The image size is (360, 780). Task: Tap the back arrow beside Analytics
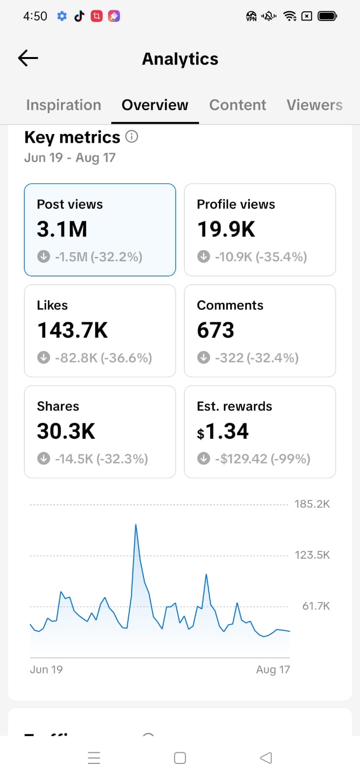click(x=28, y=58)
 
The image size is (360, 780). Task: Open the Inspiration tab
click(x=64, y=105)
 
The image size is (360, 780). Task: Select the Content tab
click(x=238, y=105)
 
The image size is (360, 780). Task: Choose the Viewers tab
click(x=314, y=105)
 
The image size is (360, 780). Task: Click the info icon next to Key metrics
click(x=132, y=136)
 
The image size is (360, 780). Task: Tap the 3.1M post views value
click(x=62, y=229)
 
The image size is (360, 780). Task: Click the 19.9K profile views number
click(x=226, y=229)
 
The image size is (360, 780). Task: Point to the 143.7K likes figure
click(x=73, y=330)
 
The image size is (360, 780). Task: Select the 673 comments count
click(x=216, y=330)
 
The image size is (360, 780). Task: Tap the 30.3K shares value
click(x=66, y=431)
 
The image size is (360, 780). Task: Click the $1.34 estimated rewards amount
click(x=223, y=431)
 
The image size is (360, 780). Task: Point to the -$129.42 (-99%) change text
click(x=262, y=459)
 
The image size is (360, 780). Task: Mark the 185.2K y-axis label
click(x=312, y=504)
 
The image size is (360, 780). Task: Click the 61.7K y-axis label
click(x=316, y=606)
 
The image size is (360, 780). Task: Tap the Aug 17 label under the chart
click(x=273, y=669)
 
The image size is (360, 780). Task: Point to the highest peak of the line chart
click(x=136, y=525)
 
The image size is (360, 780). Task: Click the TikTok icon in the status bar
click(x=80, y=16)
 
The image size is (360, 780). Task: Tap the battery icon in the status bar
click(x=327, y=16)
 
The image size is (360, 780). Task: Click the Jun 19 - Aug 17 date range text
click(x=70, y=158)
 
